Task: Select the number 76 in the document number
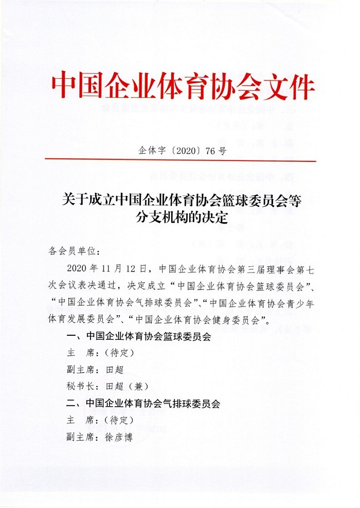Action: (x=209, y=151)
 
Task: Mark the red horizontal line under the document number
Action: (x=180, y=161)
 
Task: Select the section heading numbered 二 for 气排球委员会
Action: (x=144, y=404)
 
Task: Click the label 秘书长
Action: (x=77, y=387)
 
